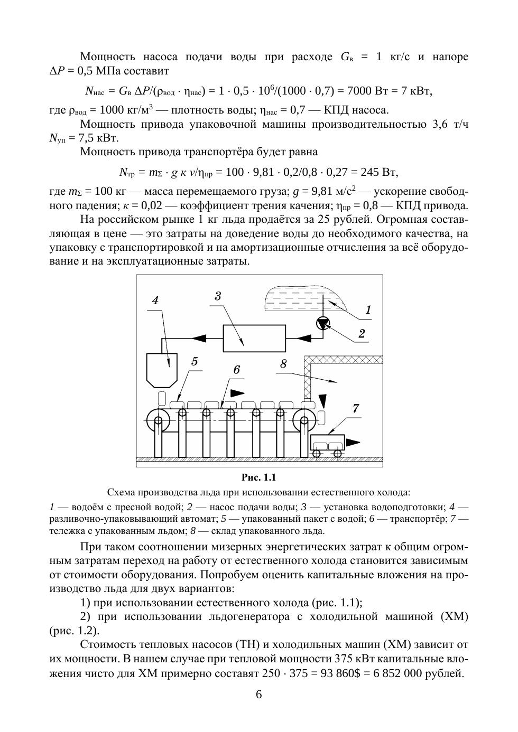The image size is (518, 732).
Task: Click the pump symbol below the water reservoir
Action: [x=322, y=323]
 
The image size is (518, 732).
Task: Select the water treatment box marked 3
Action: [x=254, y=337]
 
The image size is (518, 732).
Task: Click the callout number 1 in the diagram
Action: [x=368, y=310]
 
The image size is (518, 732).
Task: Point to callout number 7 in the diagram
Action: [x=356, y=408]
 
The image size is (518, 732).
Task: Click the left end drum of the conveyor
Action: [x=157, y=421]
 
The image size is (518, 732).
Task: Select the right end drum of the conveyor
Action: [x=304, y=421]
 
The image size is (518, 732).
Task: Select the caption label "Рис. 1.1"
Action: [x=259, y=477]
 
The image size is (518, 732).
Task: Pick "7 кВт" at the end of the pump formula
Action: [x=416, y=91]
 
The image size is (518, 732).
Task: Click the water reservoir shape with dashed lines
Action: [x=304, y=297]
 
